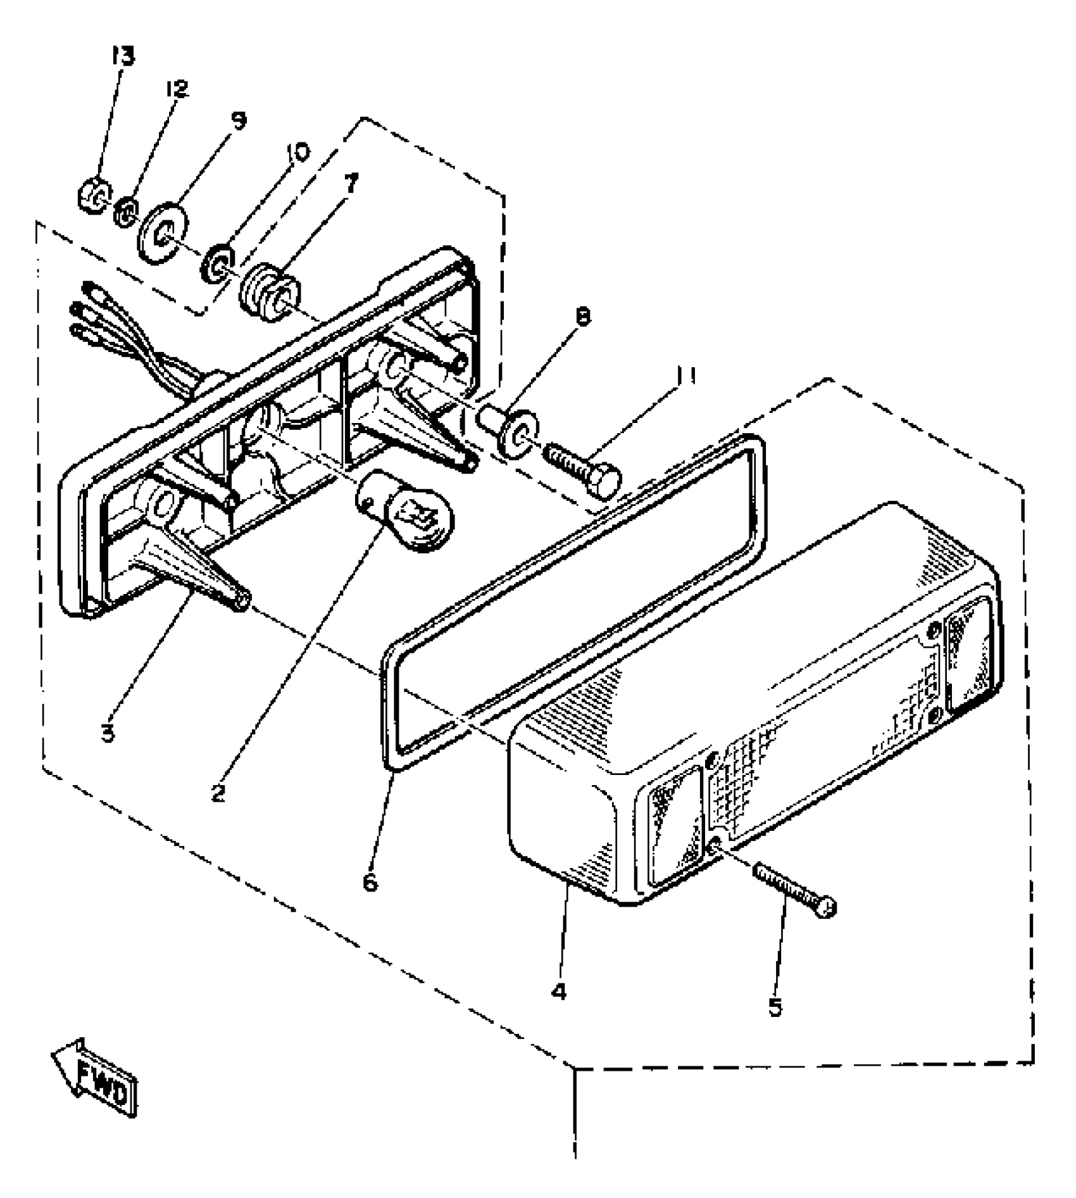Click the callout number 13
coord(123,57)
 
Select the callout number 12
coord(177,89)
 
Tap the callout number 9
coord(239,120)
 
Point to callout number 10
coord(298,153)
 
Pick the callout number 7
coord(351,185)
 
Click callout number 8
coord(583,317)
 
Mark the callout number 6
coord(370,881)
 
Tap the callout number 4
coord(558,992)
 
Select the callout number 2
coord(218,793)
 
